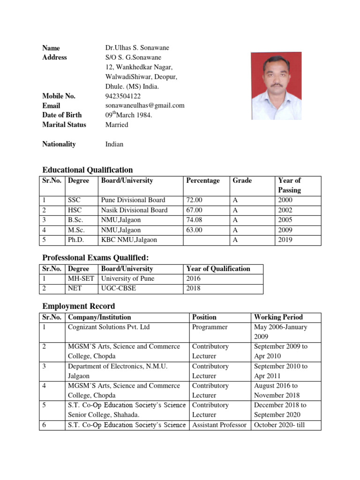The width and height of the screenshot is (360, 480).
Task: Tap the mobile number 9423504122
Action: click(x=122, y=96)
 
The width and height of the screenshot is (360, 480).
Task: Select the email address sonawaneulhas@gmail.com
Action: click(x=145, y=105)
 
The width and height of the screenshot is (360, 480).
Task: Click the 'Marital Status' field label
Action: click(x=64, y=125)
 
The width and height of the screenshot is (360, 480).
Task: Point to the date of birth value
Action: click(x=129, y=115)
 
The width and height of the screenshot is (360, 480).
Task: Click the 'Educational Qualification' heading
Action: click(x=88, y=170)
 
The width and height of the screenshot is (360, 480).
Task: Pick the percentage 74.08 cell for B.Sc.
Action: click(x=195, y=220)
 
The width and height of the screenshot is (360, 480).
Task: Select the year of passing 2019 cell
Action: click(x=285, y=240)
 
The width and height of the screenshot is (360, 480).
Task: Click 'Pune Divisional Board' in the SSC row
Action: click(x=133, y=200)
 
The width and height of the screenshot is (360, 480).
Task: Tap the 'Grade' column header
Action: click(x=242, y=180)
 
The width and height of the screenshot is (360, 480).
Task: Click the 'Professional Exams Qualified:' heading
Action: click(x=95, y=258)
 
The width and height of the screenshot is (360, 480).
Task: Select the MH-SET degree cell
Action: click(x=82, y=278)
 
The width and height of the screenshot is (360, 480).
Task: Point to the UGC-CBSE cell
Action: click(x=119, y=288)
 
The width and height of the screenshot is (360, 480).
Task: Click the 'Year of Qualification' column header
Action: click(x=218, y=269)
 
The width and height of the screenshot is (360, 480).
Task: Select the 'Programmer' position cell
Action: click(x=210, y=327)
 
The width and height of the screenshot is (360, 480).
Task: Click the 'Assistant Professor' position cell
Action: click(x=219, y=425)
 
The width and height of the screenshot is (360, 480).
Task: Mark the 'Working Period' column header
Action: click(x=278, y=317)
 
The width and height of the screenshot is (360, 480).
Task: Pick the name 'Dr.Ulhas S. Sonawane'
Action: click(x=137, y=48)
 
